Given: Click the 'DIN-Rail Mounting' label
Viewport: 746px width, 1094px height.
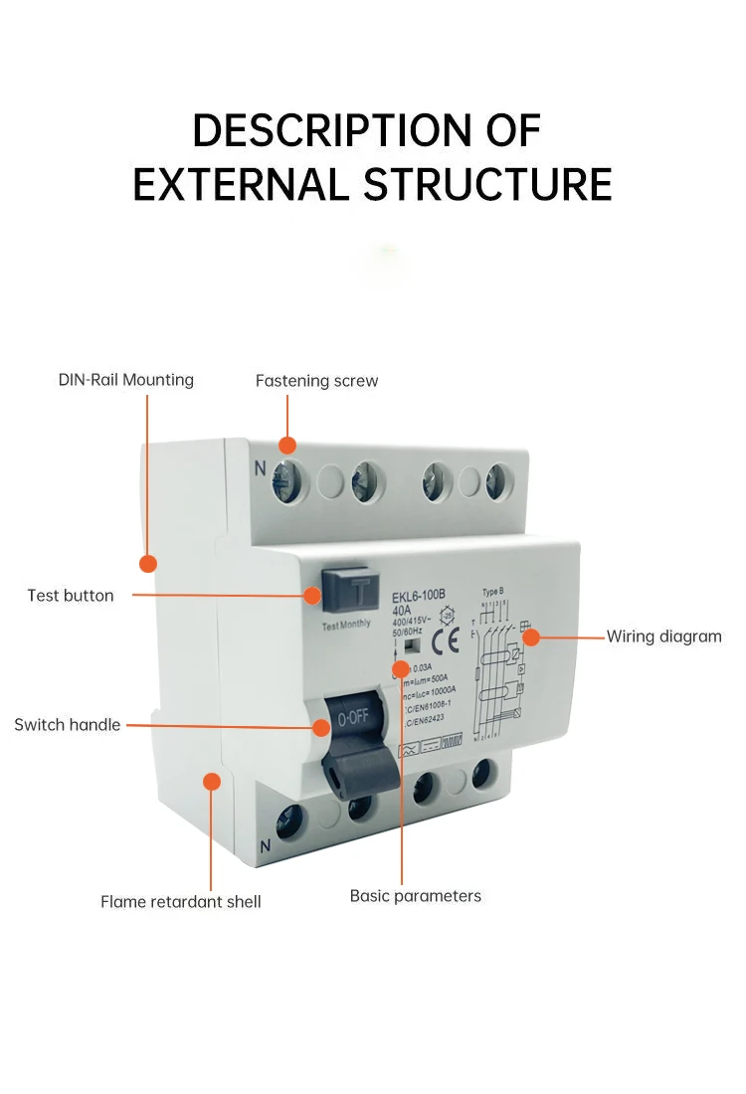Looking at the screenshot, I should pyautogui.click(x=126, y=380).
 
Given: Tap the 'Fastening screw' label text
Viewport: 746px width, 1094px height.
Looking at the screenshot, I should pyautogui.click(x=316, y=381).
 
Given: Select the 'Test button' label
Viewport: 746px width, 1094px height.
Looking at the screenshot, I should pyautogui.click(x=71, y=596).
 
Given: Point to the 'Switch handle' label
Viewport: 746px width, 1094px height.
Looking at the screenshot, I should pyautogui.click(x=67, y=725).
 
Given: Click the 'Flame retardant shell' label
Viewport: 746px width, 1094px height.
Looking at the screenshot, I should pyautogui.click(x=180, y=902).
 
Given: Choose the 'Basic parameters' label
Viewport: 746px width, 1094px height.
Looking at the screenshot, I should pyautogui.click(x=415, y=896).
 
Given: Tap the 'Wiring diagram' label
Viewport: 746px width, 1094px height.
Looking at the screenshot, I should pyautogui.click(x=663, y=637).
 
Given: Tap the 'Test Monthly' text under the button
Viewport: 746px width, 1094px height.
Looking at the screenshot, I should pyautogui.click(x=346, y=625).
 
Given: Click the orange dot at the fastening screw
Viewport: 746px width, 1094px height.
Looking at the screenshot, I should pyautogui.click(x=288, y=445).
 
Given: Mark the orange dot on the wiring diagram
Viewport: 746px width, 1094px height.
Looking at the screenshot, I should pyautogui.click(x=531, y=637).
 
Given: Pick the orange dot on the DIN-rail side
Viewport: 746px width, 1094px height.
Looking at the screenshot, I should pyautogui.click(x=148, y=564).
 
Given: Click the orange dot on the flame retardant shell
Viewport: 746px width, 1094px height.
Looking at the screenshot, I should pyautogui.click(x=212, y=782).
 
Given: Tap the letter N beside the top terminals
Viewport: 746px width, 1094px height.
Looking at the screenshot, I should pyautogui.click(x=261, y=468).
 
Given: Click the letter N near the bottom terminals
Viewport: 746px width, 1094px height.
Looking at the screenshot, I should pyautogui.click(x=265, y=847).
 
